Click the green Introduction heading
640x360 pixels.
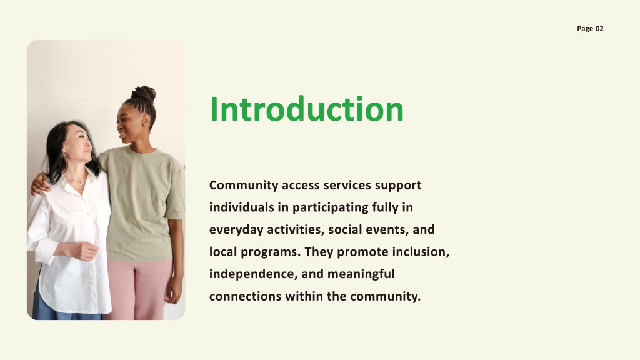[306, 109]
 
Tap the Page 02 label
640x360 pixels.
[590, 29]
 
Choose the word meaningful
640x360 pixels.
[361, 274]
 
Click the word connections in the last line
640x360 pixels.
[245, 296]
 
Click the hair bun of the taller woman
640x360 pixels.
[144, 94]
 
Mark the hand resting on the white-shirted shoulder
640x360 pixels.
[39, 184]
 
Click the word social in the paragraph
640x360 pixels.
[345, 230]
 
